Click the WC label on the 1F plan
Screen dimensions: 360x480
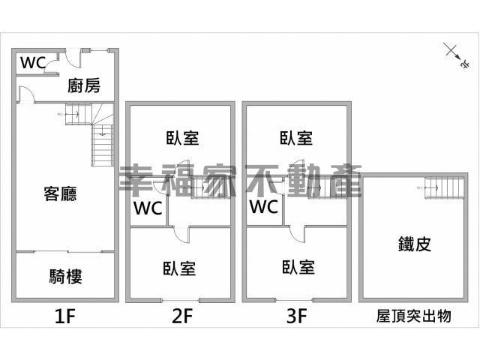point(33,63)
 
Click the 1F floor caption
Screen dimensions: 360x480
point(64,316)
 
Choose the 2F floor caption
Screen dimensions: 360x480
point(181,316)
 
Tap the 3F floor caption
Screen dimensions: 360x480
point(297,316)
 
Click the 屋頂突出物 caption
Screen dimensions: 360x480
point(413,316)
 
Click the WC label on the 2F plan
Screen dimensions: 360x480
point(148,208)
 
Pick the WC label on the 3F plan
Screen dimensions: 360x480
point(264,206)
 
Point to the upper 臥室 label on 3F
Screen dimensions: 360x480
point(297,138)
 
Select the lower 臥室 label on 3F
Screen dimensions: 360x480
point(298,267)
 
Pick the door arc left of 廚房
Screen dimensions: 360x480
point(23,94)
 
